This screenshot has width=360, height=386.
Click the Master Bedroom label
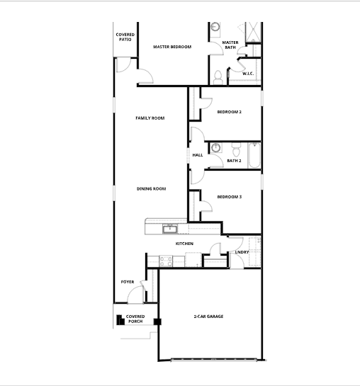[172, 47]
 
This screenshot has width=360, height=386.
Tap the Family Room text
[150, 118]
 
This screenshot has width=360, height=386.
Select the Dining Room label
[151, 188]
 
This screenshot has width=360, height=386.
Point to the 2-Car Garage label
[208, 316]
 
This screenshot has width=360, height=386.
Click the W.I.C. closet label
[248, 74]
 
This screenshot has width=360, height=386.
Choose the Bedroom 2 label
[230, 112]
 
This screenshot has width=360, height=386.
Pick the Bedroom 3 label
[230, 196]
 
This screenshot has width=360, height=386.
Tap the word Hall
[198, 155]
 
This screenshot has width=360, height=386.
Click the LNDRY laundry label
[241, 251]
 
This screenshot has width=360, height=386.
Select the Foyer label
[128, 282]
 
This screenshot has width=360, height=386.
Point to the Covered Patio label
[125, 37]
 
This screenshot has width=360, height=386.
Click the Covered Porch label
[135, 319]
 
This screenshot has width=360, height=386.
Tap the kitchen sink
[170, 228]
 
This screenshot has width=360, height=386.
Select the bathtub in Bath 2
[254, 154]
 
